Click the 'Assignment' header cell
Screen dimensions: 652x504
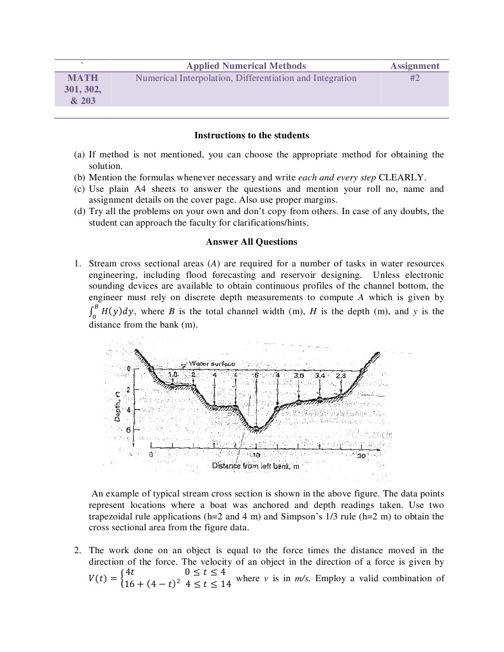point(415,66)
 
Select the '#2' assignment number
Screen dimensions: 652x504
point(415,78)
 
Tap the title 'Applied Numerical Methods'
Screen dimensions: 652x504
point(245,66)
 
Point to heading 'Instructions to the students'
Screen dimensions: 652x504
point(252,135)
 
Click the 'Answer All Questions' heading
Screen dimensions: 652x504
point(252,242)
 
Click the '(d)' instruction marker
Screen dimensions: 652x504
point(80,211)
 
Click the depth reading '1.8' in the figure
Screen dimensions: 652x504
point(172,374)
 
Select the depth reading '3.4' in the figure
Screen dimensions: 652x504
point(320,375)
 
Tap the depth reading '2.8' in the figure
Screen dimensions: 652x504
point(340,375)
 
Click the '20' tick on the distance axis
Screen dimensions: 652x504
point(361,456)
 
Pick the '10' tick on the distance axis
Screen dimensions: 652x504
point(256,456)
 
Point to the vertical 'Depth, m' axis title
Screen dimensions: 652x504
point(118,405)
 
